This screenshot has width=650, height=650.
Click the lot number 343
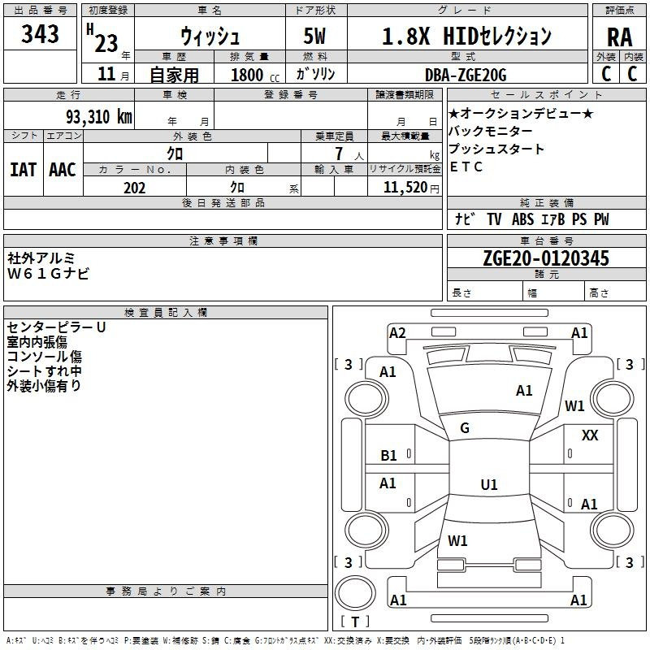(40, 33)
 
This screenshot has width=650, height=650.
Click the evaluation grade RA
(619, 37)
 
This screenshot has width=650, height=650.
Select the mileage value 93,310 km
(99, 116)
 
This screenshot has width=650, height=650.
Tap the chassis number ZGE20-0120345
(546, 258)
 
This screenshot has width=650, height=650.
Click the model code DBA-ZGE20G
(466, 75)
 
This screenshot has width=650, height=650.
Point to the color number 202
(134, 188)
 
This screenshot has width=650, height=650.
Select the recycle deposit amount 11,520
(405, 187)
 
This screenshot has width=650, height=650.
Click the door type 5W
(314, 36)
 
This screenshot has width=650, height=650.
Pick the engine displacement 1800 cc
(255, 75)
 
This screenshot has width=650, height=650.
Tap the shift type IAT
(24, 170)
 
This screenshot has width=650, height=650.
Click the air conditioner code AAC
(63, 170)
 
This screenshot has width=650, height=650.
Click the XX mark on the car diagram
(590, 435)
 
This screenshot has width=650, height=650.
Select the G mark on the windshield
(465, 428)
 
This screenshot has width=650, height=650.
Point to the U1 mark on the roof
(489, 484)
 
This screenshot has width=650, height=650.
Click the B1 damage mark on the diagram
(388, 456)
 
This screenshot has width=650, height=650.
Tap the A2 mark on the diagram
(397, 333)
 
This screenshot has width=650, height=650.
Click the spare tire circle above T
(355, 593)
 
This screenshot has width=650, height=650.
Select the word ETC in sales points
(466, 167)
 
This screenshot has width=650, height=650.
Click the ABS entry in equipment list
(522, 219)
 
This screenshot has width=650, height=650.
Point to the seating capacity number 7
(339, 154)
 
